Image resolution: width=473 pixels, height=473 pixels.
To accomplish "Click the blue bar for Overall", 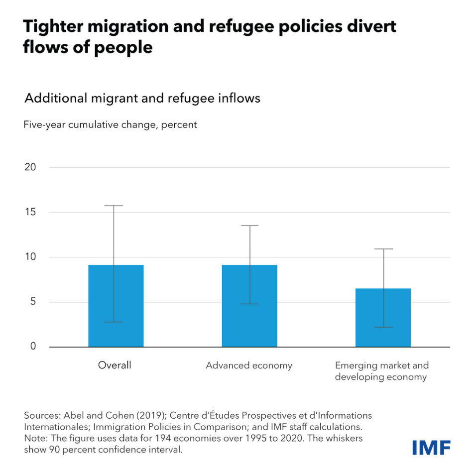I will [116, 306].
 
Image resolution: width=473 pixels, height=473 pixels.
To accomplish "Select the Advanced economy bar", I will [249, 306].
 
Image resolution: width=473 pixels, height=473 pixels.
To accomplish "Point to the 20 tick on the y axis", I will [30, 167].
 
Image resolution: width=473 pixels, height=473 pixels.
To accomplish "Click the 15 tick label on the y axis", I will [30, 212].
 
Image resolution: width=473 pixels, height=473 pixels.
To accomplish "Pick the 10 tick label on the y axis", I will [30, 257].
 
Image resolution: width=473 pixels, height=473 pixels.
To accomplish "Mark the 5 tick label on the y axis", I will [33, 302].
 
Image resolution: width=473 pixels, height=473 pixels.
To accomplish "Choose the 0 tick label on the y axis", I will [33, 347].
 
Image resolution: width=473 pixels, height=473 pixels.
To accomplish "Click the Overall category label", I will [115, 365].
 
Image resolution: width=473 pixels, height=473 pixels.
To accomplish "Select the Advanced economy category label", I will [249, 365].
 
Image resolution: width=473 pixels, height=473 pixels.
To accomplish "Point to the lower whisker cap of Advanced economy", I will [249, 304].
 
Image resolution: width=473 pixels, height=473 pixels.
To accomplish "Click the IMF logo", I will [431, 447].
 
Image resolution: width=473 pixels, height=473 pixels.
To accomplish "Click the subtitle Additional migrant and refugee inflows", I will [142, 98].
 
